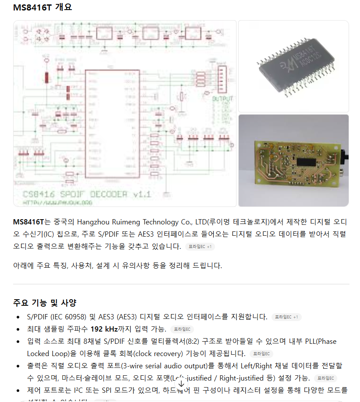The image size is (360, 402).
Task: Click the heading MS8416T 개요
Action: [42, 7]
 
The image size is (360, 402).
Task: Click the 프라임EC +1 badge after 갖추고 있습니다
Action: [200, 247]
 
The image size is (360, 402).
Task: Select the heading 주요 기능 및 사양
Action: [45, 303]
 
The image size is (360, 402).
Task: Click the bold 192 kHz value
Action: [106, 329]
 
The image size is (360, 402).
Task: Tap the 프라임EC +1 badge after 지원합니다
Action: [286, 317]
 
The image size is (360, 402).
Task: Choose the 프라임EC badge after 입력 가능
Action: [182, 329]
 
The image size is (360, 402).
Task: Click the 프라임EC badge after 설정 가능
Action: [325, 378]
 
